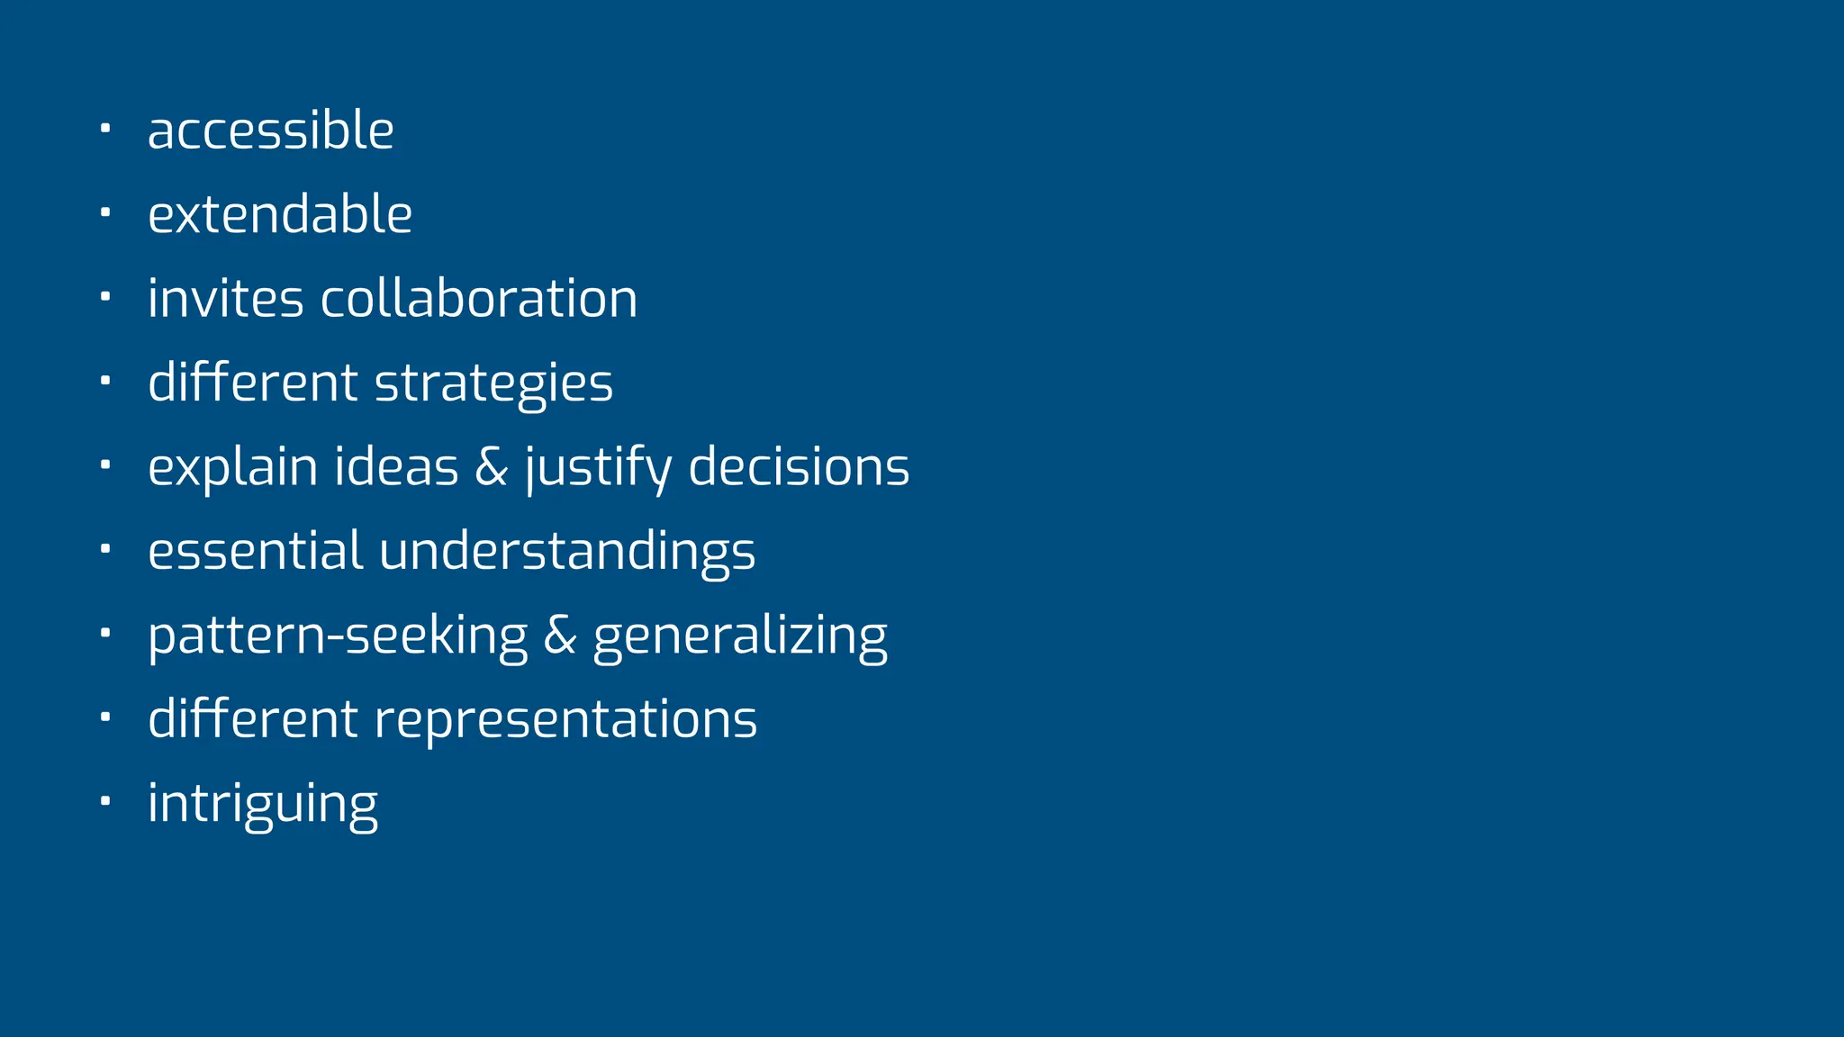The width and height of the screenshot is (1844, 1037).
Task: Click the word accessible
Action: coord(270,131)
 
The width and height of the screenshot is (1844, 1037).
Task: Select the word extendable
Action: coord(280,214)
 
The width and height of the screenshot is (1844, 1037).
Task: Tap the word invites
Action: coord(226,299)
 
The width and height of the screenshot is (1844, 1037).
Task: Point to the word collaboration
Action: coord(479,299)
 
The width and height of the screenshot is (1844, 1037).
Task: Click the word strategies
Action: coord(493,383)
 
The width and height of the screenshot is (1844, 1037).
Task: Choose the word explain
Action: coord(232,468)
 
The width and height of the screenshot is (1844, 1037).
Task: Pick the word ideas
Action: coord(396,467)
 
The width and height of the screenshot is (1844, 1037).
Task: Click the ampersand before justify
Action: coord(491,467)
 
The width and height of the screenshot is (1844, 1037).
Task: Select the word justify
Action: coord(598,468)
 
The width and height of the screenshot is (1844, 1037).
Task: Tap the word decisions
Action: coord(799,467)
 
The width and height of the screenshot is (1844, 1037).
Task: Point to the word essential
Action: coord(256,551)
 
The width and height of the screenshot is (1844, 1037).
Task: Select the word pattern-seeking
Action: coord(338,636)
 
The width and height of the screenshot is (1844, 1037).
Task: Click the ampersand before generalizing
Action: coord(559,636)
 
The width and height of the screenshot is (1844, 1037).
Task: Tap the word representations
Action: coord(565,720)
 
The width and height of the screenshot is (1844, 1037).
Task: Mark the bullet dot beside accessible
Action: coord(105,128)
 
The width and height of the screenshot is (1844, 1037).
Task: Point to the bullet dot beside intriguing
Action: coord(105,799)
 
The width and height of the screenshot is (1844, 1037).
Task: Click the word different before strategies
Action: coord(252,383)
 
